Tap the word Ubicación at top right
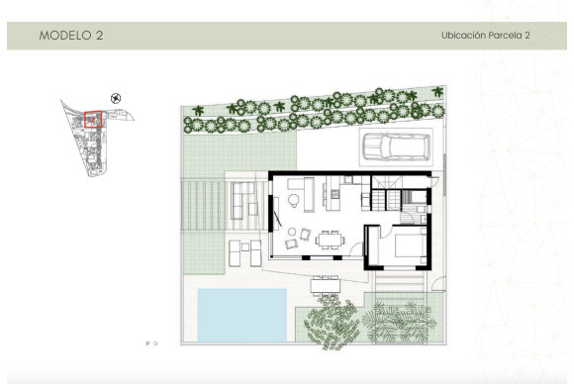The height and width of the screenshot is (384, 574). pyautogui.click(x=465, y=36)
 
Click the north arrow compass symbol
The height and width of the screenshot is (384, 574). pyautogui.click(x=118, y=98)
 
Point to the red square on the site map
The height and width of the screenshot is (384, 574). pyautogui.click(x=93, y=121)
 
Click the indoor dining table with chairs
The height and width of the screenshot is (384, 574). pyautogui.click(x=328, y=240)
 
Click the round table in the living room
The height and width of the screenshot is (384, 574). pyautogui.click(x=294, y=203)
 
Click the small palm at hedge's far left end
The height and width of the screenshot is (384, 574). pyautogui.click(x=196, y=111)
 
